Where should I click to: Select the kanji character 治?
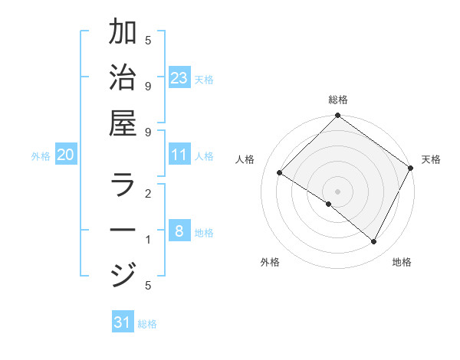pos(123,79)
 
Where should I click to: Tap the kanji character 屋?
pos(123,123)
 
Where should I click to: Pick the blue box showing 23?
pos(179,78)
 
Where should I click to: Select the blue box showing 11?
pos(179,155)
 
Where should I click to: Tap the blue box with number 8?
pos(179,231)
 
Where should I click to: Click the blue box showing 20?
pos(66,155)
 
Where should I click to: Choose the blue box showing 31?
pos(123,322)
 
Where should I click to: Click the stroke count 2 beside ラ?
pos(148,195)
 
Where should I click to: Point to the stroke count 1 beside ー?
pos(148,240)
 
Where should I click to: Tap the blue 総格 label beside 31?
pos(147,323)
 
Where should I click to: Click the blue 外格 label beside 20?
pos(41,155)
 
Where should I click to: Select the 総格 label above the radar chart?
pos(338,100)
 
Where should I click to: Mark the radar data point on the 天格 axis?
pos(411,169)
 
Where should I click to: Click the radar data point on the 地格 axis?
pos(374,242)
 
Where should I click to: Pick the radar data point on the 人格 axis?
pos(280,173)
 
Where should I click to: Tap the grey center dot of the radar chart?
pos(338,191)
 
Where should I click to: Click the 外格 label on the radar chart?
pos(270,262)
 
